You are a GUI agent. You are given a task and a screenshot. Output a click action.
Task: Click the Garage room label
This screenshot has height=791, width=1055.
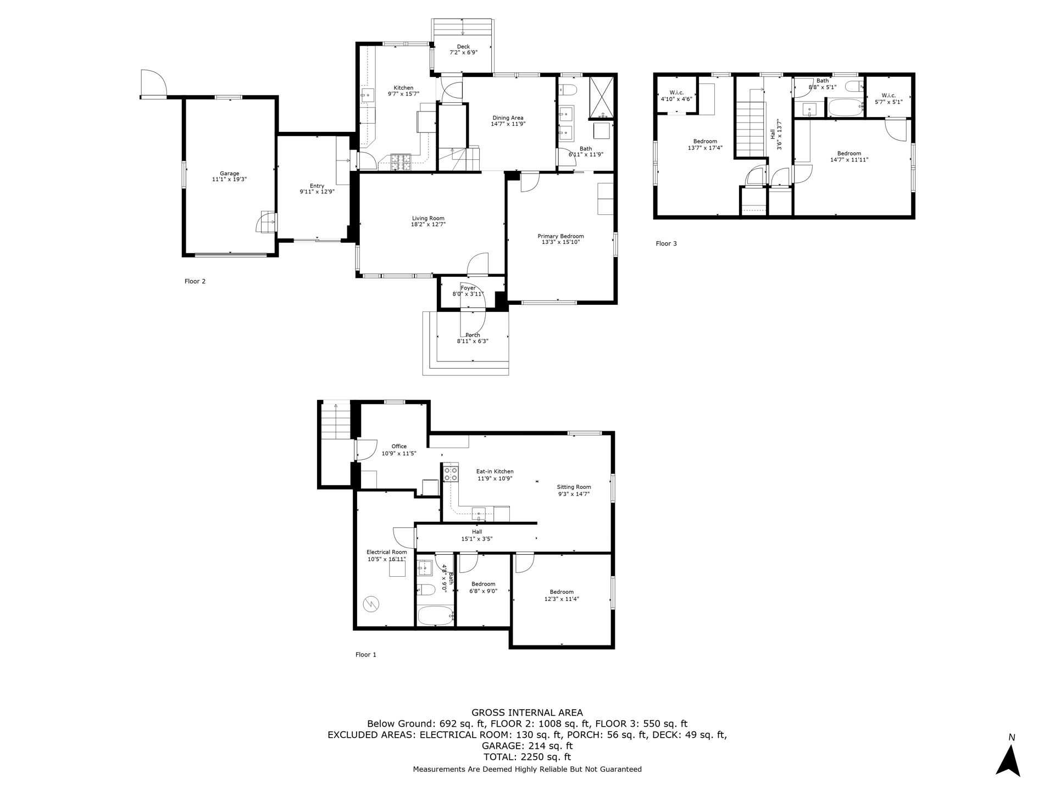point(230,174)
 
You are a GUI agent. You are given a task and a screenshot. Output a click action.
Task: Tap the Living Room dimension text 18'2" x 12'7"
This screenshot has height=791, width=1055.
point(428,224)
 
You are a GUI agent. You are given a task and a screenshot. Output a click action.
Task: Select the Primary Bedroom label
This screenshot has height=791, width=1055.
point(560,236)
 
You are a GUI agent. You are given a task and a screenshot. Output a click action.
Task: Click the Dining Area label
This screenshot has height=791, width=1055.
point(508,118)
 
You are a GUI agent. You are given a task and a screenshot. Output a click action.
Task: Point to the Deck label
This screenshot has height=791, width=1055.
point(463,47)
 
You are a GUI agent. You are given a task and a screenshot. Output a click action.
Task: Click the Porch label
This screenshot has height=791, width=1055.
point(473,335)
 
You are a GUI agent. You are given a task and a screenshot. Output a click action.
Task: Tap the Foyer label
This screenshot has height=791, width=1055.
point(468,288)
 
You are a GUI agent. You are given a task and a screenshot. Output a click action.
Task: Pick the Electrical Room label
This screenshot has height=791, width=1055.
point(387,552)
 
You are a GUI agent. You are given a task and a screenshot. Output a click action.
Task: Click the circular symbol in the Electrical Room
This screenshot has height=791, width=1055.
point(371,604)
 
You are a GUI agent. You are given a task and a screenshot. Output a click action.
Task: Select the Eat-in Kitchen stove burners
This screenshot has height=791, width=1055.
point(451,474)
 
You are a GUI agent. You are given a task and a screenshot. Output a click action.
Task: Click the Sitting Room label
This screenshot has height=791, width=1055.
point(574,487)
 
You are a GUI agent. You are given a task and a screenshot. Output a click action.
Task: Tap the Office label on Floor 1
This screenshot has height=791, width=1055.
point(399,446)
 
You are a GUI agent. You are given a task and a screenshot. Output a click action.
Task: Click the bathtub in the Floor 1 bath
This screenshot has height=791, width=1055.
point(435,616)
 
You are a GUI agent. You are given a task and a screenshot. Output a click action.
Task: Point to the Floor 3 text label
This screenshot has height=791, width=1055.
point(666,243)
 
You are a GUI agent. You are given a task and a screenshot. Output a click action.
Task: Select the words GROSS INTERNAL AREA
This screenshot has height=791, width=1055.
point(527,713)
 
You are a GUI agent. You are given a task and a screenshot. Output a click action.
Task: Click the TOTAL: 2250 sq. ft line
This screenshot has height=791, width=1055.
point(527,757)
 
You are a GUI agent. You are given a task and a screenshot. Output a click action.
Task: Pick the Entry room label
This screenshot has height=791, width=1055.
point(317,186)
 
